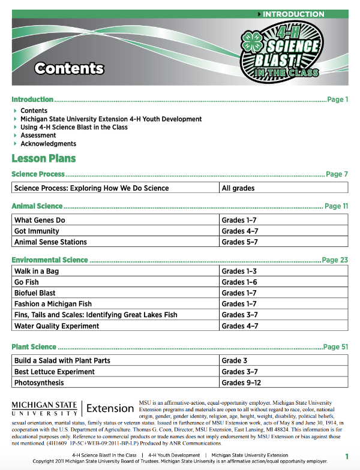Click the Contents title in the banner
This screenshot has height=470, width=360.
click(69, 68)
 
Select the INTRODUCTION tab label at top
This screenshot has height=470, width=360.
click(293, 14)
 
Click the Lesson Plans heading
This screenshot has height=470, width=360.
click(44, 159)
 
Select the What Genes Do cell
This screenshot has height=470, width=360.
click(40, 221)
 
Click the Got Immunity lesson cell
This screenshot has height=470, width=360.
click(37, 231)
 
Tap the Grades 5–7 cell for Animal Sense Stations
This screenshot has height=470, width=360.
click(239, 242)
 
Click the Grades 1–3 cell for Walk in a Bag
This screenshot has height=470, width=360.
click(239, 272)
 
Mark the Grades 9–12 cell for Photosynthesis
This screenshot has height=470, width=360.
click(242, 382)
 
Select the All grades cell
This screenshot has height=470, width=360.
click(238, 188)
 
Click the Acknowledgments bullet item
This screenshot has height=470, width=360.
click(48, 144)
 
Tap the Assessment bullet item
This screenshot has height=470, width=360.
click(38, 135)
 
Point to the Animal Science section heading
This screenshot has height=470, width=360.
click(37, 206)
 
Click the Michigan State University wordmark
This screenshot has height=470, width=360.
click(44, 409)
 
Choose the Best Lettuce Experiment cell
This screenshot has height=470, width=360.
click(55, 372)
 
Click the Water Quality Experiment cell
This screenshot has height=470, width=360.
click(57, 326)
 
